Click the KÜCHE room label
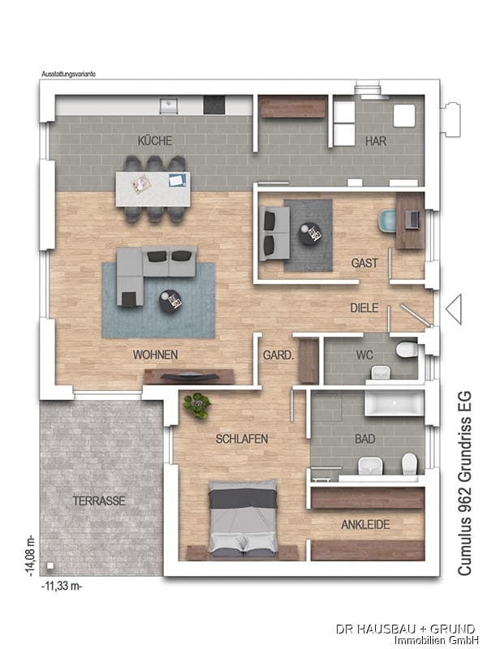point(155,140)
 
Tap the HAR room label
point(376,141)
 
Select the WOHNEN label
point(155,355)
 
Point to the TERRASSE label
point(99,501)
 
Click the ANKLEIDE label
point(365,525)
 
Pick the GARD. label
point(278,355)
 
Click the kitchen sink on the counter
point(169,105)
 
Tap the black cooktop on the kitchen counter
point(214,105)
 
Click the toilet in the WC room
point(407,350)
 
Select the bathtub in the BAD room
point(394,402)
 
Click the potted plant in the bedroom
point(197,405)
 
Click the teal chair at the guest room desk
point(387,220)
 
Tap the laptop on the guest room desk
point(412,219)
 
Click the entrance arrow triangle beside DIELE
point(454,309)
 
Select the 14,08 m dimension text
point(30,557)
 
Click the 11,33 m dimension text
point(62,586)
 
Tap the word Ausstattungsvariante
point(68,74)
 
